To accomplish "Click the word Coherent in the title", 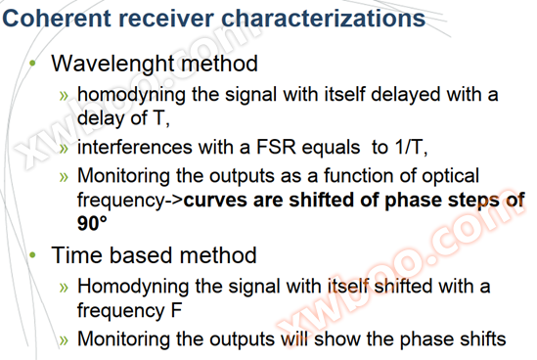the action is point(57,19).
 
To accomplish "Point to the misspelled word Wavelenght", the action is point(112,64).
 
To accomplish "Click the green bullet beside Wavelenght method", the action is point(33,63).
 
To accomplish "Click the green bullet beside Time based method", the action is point(33,255).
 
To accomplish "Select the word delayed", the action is point(405,94).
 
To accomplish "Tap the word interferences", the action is point(135,148).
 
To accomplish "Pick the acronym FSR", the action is point(276,148).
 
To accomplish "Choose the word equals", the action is point(331,148).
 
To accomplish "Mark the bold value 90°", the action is point(92,223).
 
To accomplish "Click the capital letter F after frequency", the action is point(176,310).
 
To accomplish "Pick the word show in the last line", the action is point(336,338).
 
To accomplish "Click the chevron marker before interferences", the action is point(64,149).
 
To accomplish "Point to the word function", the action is point(360,176).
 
